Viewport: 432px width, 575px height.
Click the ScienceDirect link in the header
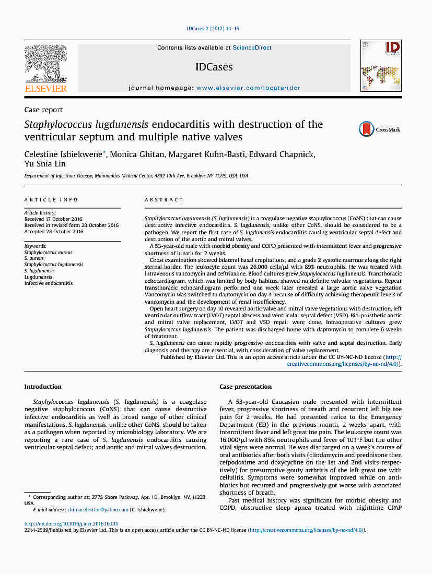click(x=252, y=47)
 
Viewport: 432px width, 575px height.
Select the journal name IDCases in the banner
click(x=214, y=67)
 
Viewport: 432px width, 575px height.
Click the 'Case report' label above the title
click(x=43, y=110)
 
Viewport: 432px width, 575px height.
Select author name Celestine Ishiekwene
click(x=64, y=154)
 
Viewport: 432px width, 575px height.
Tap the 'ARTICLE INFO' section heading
click(x=51, y=200)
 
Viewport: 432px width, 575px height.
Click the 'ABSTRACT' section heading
click(x=164, y=200)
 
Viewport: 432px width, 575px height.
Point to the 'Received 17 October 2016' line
click(x=53, y=219)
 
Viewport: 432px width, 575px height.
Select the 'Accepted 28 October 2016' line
click(x=54, y=231)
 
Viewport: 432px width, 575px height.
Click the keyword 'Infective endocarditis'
click(x=49, y=283)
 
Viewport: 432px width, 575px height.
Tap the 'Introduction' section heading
click(x=43, y=387)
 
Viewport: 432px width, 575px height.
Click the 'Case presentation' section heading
click(x=246, y=387)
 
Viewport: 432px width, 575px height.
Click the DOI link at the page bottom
click(x=71, y=523)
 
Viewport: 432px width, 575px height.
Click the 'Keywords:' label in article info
click(x=36, y=246)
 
